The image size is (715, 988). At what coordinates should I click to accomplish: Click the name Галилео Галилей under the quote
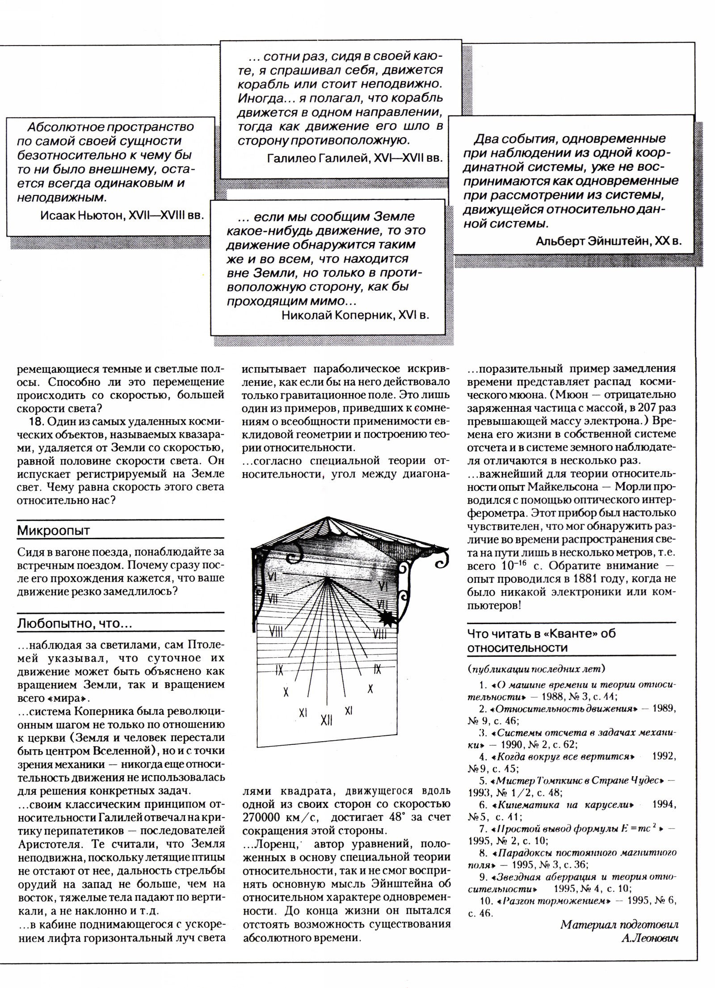click(x=317, y=159)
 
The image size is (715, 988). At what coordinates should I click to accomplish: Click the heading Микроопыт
click(x=53, y=531)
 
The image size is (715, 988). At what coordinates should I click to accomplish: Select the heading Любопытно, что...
click(x=74, y=624)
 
